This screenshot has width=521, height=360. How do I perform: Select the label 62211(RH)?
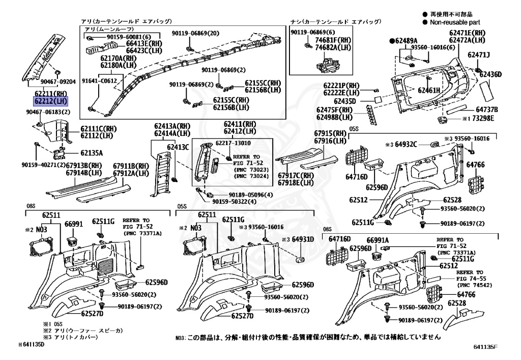tap(50, 93)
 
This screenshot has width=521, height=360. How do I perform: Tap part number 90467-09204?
tap(58, 81)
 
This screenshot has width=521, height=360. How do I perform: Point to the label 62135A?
tap(92, 153)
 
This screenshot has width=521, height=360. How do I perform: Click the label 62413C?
tap(179, 147)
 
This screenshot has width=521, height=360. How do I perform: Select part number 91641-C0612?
tap(99, 80)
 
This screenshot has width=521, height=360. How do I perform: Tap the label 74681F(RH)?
tap(333, 40)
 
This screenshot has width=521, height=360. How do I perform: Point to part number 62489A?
tap(405, 41)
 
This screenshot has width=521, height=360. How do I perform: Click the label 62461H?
tap(429, 90)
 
